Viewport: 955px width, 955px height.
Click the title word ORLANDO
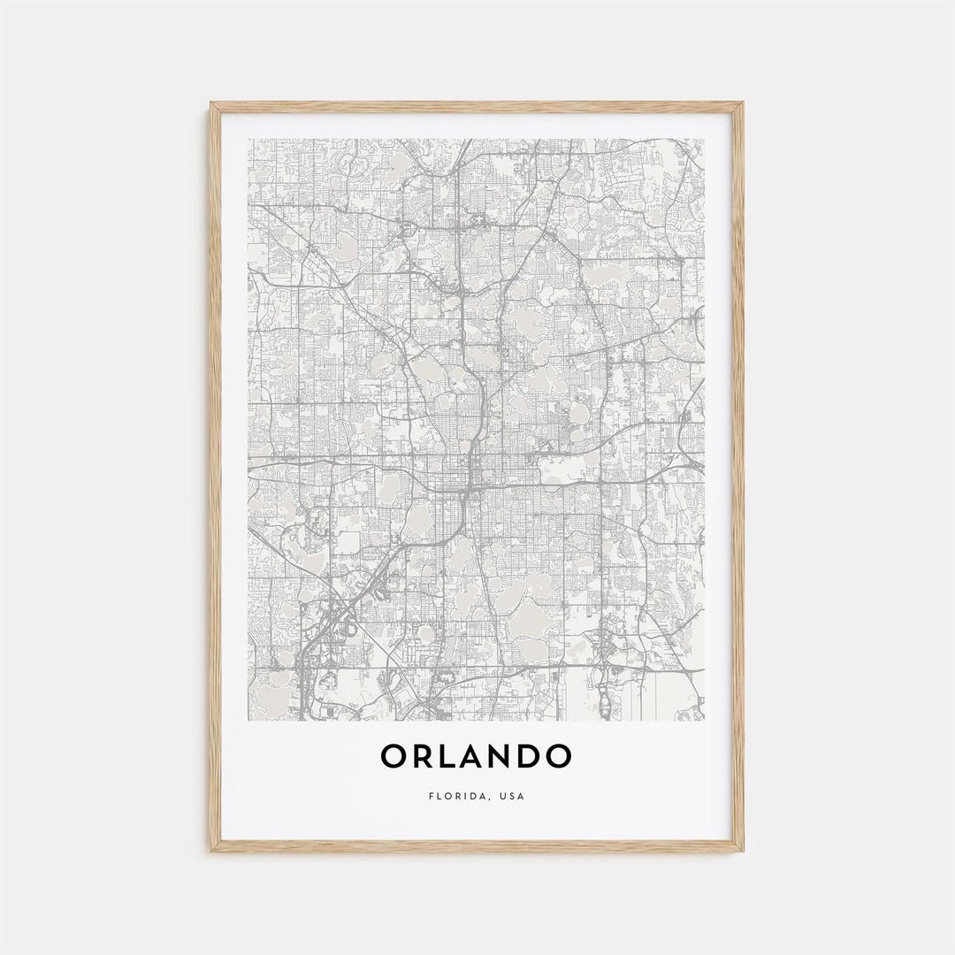click(x=476, y=757)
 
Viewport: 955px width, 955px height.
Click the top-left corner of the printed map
click(x=248, y=139)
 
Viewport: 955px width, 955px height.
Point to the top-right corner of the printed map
click(x=705, y=139)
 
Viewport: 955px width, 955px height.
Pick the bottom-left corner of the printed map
click(x=248, y=721)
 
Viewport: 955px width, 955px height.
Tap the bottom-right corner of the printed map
click(x=705, y=721)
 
